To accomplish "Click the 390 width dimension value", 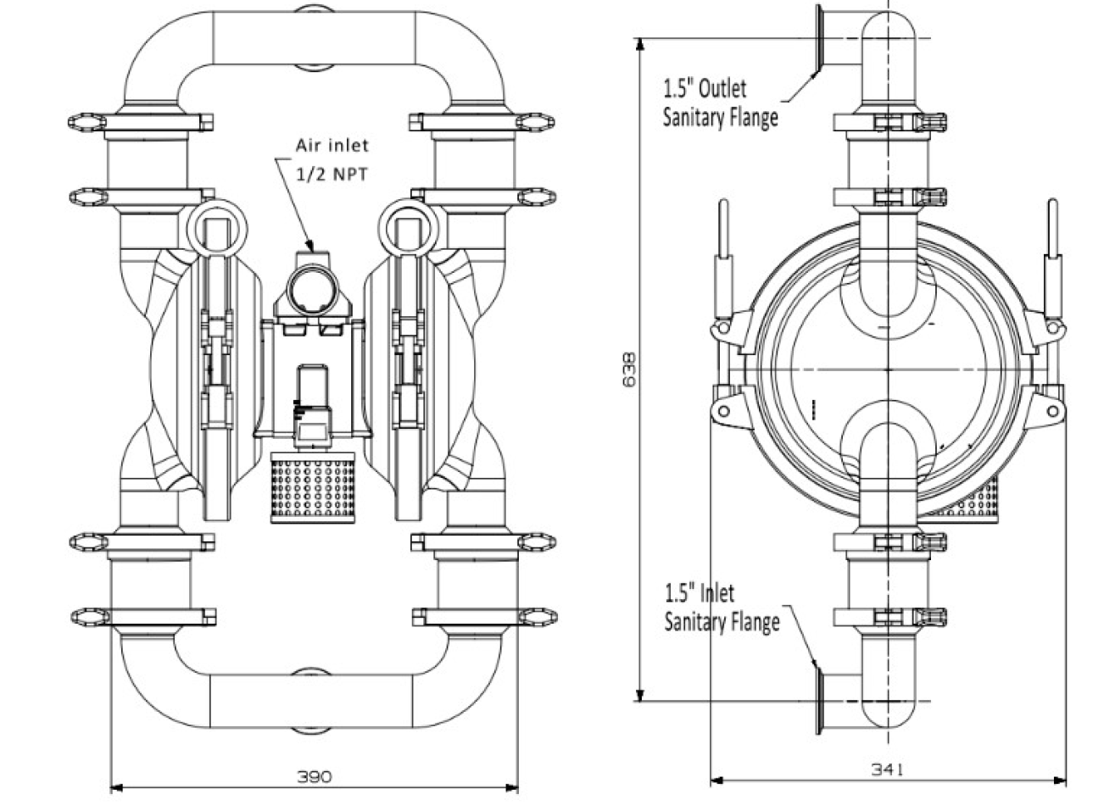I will click(x=315, y=776).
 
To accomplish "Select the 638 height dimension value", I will click(x=629, y=369).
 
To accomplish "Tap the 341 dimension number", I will click(x=888, y=769).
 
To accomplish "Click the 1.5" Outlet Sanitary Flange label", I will click(x=720, y=103).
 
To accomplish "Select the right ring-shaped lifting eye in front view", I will click(x=409, y=226).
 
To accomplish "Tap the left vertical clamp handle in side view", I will click(x=725, y=254).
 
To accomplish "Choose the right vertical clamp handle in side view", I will click(x=1052, y=254).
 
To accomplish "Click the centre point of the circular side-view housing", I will click(x=888, y=369).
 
